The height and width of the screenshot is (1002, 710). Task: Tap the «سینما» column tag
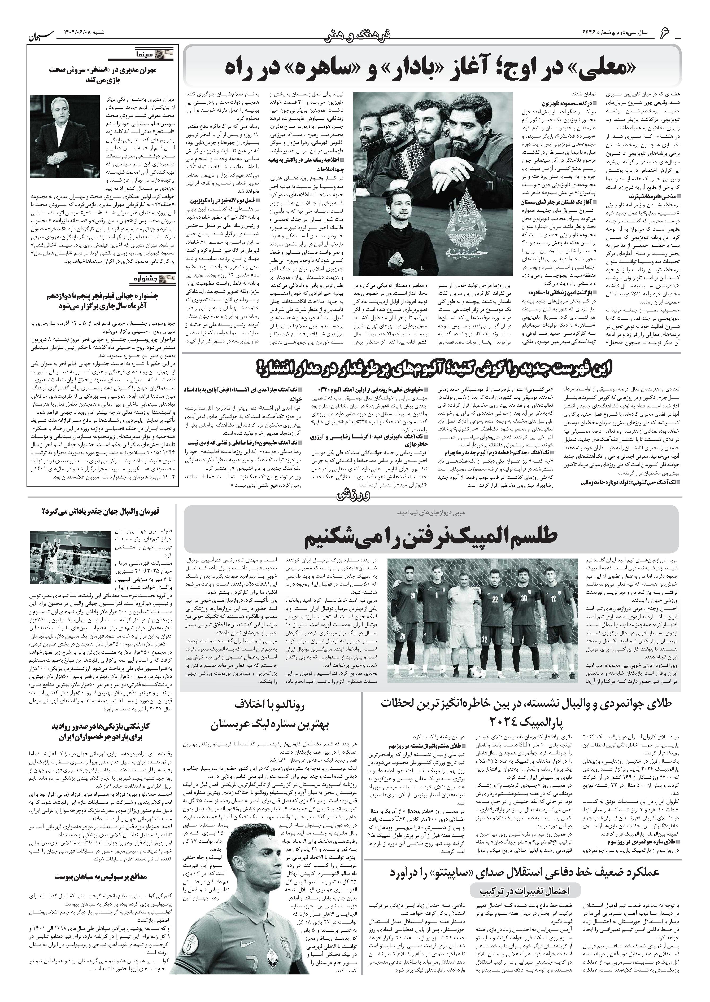[153, 55]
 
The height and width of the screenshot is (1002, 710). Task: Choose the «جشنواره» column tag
[153, 278]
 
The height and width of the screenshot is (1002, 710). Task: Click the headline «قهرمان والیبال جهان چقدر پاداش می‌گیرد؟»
[101, 511]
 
